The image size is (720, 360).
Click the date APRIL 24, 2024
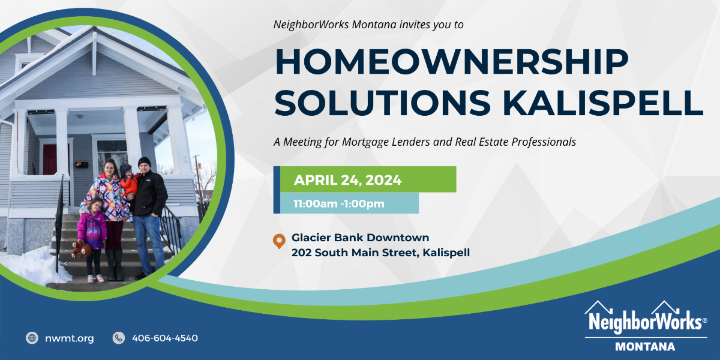coord(347,179)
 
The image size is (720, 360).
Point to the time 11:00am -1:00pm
coord(338,203)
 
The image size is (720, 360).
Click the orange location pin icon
coord(278,241)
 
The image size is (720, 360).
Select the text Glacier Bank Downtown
coord(360,238)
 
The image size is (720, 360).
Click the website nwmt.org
coord(70,338)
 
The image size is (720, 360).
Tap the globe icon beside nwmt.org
coord(32,338)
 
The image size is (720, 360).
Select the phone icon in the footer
coord(119,338)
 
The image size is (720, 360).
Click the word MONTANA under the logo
coord(645,346)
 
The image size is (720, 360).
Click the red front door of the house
coord(50,160)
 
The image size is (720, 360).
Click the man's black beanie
coord(145,161)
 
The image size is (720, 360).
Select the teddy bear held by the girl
coord(79,249)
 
